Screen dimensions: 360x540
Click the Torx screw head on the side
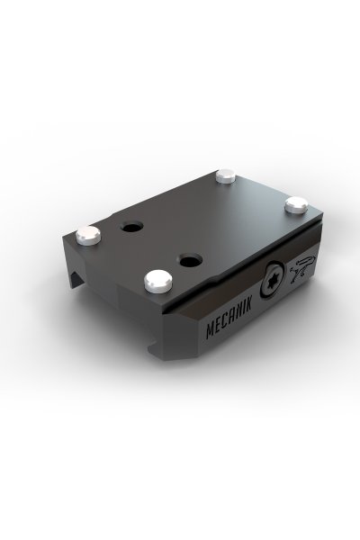(x=274, y=280)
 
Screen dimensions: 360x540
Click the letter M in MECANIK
(x=209, y=330)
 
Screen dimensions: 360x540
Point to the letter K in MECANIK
(x=248, y=305)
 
